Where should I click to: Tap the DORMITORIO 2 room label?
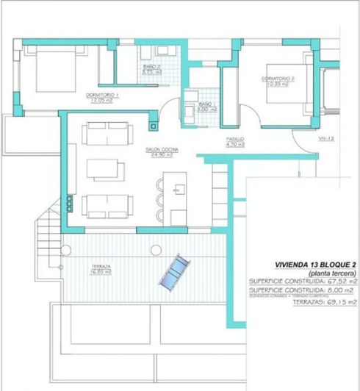click(278, 79)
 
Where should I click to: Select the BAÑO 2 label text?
click(151, 68)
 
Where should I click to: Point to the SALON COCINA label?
click(159, 152)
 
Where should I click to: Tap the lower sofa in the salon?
click(108, 205)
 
